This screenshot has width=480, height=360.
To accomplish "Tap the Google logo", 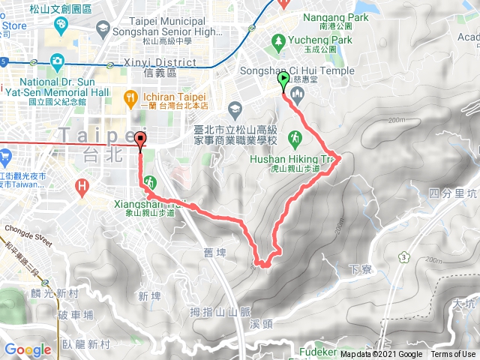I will point(28,349).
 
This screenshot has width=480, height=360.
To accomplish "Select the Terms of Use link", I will point(452,355).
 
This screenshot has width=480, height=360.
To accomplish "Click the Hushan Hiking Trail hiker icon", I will point(296,137).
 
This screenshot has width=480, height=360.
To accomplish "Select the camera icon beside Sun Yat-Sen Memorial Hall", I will point(57,61).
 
